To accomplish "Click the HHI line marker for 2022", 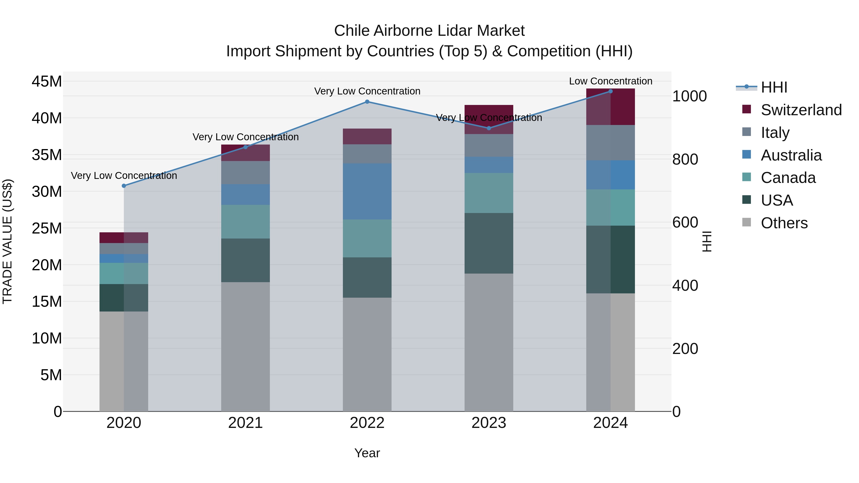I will [x=367, y=102].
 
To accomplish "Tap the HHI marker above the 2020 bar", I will [x=124, y=186].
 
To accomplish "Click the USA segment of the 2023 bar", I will [x=489, y=243].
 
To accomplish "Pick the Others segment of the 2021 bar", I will [x=246, y=347].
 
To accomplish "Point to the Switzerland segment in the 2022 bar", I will [x=367, y=136].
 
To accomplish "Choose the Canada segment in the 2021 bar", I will [x=246, y=222].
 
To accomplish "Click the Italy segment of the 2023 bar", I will [x=489, y=145].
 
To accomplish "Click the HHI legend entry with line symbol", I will [x=774, y=87].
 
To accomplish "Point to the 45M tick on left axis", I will [x=47, y=81].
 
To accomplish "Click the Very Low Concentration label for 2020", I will [x=124, y=176].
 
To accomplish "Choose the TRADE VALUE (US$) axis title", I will [x=7, y=241].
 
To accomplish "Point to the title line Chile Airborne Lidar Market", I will [x=429, y=31].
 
